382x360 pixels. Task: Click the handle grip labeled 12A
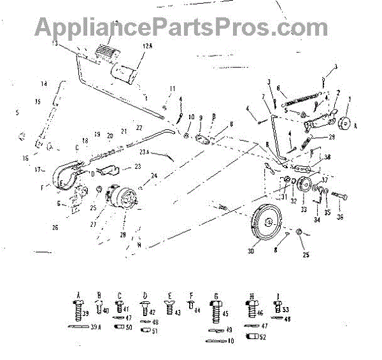(127, 72)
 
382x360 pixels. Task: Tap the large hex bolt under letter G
(216, 313)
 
